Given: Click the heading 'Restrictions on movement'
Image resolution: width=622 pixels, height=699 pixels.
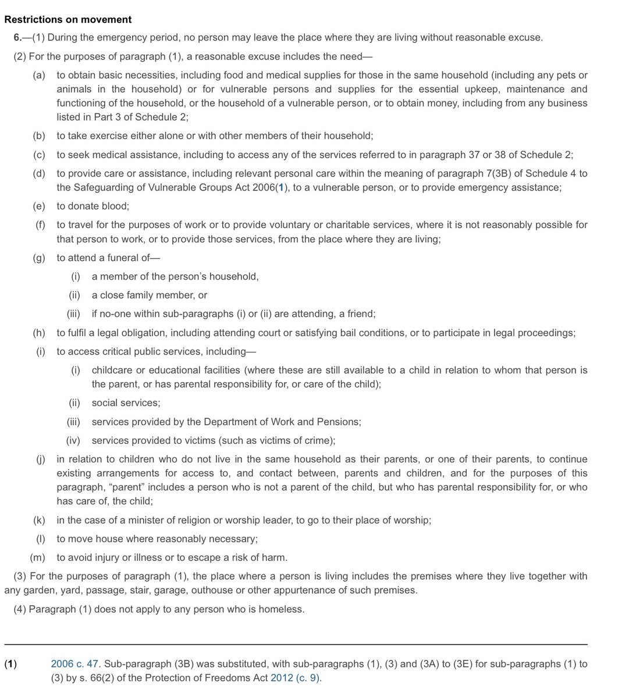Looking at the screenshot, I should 67,20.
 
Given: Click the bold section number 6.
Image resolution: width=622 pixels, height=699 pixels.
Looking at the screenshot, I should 19,38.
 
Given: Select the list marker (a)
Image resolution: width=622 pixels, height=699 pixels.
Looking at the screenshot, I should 39,75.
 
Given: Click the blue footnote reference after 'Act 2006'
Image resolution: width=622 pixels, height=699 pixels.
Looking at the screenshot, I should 282,188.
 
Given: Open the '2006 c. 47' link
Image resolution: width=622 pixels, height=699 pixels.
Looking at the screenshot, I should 74,664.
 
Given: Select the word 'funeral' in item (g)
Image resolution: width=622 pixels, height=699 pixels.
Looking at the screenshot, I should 124,258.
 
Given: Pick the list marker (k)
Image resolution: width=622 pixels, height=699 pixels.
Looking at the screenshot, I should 39,520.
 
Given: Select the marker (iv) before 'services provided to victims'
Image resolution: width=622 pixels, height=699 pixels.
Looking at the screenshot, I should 73,440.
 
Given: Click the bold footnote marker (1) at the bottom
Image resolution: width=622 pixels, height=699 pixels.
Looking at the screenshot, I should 10,664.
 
